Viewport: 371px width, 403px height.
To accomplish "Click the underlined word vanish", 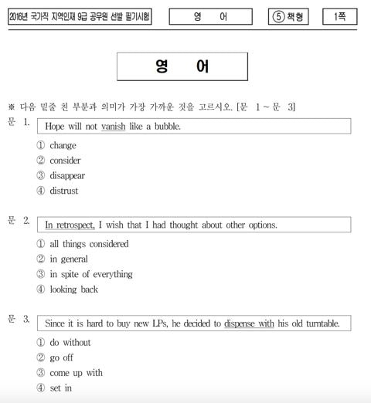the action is tap(113, 127).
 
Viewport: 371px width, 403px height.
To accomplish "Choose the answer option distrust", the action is tap(63, 191).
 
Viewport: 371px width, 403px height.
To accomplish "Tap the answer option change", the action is tap(63, 145).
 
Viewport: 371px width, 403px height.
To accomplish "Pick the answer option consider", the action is tap(65, 161).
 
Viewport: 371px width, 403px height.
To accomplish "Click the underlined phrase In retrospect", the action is tap(70, 225).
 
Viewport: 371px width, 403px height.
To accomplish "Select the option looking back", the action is tap(73, 290).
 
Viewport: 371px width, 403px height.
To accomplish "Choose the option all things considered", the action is tap(89, 244).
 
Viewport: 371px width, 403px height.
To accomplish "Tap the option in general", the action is tap(69, 259).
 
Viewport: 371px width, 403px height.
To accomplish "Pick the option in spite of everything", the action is tap(90, 274).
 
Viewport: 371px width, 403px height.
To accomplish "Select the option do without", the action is tap(70, 342).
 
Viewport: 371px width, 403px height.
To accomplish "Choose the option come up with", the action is tap(76, 373).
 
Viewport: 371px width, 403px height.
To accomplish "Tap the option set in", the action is tap(60, 388).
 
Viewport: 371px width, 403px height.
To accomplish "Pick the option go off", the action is tap(63, 357).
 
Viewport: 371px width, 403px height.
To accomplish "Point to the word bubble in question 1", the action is tap(164, 127).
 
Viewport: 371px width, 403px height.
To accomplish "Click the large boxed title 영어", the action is tap(182, 67).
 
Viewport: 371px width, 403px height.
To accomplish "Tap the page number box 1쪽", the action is tap(339, 16).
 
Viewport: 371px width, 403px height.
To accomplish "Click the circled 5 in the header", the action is tap(278, 16).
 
